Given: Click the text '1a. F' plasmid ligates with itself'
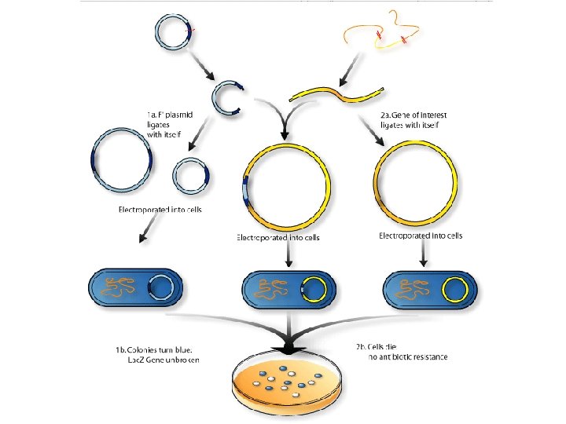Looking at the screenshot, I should click(x=174, y=124).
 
